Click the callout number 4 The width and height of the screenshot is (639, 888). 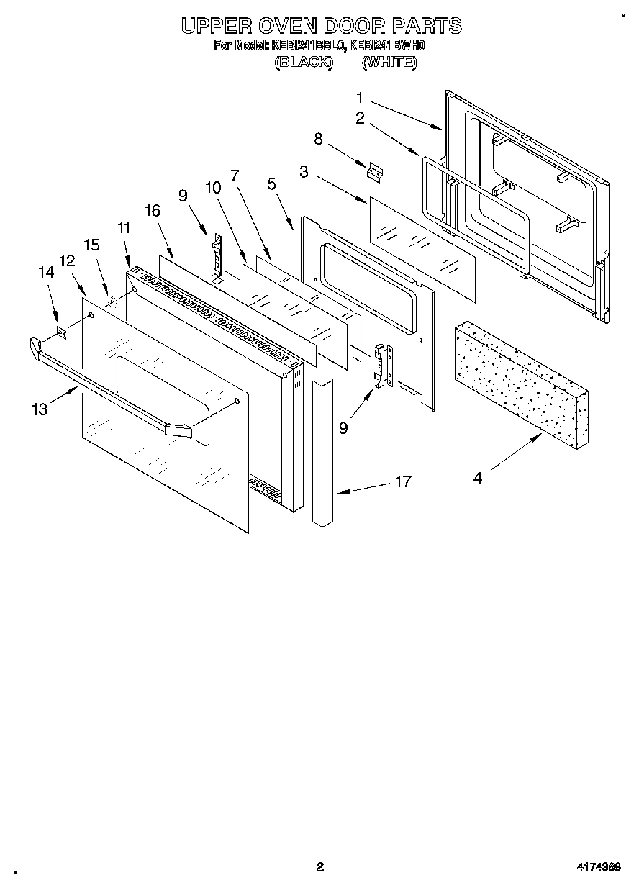coord(478,478)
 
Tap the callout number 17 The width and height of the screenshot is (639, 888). coord(404,481)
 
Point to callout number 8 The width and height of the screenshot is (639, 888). coord(319,138)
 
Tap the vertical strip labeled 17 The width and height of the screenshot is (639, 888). coord(324,453)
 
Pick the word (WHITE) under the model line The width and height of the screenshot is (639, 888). coord(389,63)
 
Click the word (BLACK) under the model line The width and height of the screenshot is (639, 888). coord(303,63)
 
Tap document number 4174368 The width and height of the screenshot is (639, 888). coord(597,867)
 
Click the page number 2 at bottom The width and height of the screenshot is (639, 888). coord(320,866)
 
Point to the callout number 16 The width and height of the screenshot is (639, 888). coord(152,210)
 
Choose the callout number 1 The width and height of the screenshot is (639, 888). coord(360,97)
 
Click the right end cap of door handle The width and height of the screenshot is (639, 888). coord(178,430)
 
